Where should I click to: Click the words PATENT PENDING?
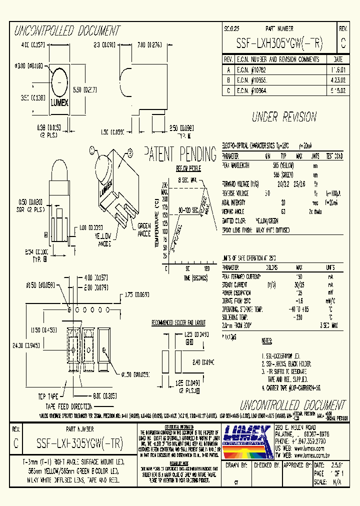(180, 154)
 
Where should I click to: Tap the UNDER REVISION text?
(284, 117)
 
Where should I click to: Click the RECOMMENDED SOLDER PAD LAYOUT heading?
(178, 323)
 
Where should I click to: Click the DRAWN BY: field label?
(237, 464)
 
